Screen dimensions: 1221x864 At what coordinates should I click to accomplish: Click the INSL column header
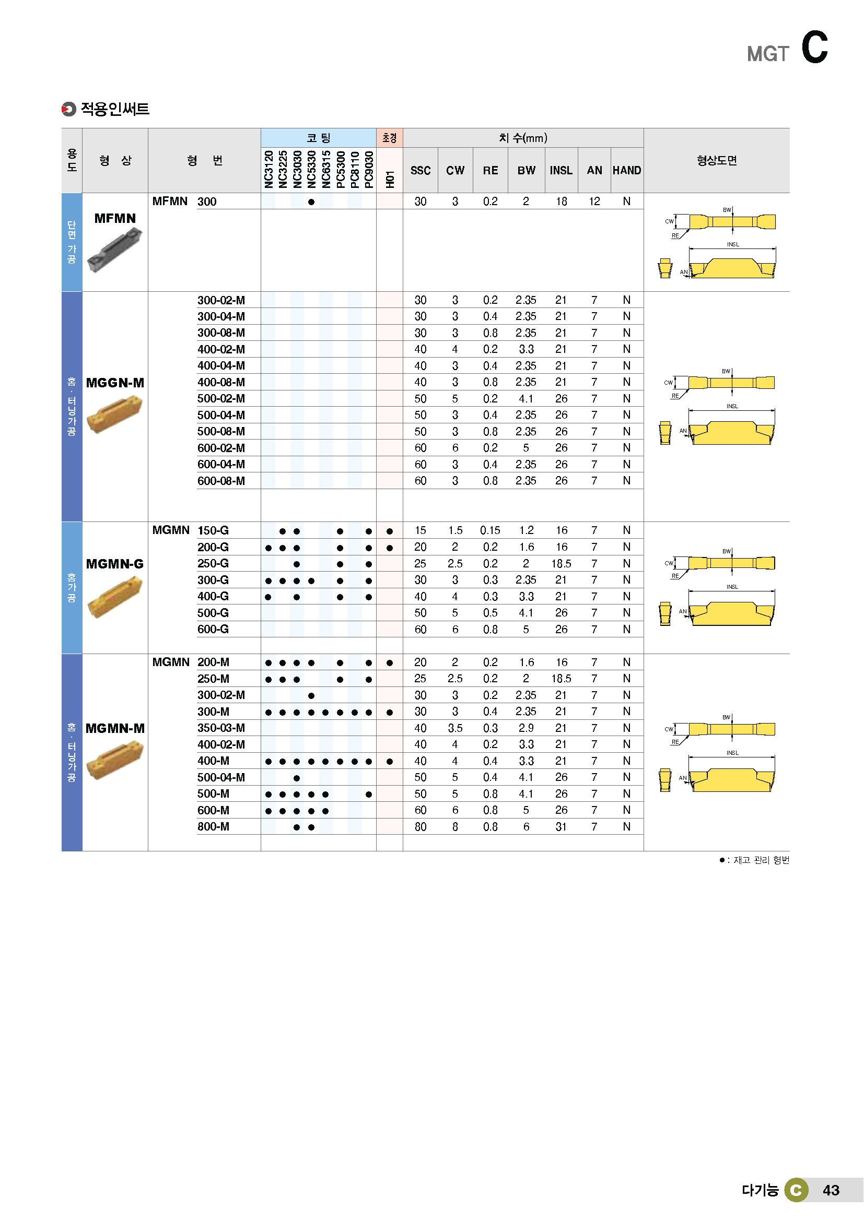tap(561, 170)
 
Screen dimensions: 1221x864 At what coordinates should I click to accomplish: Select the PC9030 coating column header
tap(369, 169)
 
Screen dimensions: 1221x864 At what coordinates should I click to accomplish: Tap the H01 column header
tap(390, 179)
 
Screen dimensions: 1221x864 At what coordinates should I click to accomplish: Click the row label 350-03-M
tap(221, 728)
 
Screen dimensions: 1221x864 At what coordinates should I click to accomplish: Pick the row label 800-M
tap(213, 826)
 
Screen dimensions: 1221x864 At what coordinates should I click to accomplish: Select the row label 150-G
tap(213, 530)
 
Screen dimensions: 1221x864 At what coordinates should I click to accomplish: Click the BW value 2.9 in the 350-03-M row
tap(526, 728)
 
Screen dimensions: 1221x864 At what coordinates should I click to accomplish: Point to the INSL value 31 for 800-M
tap(561, 826)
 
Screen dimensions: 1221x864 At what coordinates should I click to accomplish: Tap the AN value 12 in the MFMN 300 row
tap(594, 201)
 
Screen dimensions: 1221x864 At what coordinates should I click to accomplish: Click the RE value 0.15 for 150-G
tap(489, 530)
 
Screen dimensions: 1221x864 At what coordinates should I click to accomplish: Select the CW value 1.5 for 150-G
tap(455, 530)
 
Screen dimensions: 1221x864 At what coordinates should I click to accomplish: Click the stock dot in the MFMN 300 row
tap(311, 201)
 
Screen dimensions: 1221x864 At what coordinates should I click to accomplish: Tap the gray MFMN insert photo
tap(115, 249)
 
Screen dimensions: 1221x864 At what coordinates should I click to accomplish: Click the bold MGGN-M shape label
tap(115, 383)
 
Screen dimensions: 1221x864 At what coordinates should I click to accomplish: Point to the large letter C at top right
tap(814, 47)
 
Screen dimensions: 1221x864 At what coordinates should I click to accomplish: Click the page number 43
tap(831, 1190)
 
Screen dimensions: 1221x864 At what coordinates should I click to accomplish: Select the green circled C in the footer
tap(796, 1190)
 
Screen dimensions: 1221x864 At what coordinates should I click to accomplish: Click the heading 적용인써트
tap(115, 109)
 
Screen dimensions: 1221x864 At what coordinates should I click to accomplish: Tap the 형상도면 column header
tap(716, 161)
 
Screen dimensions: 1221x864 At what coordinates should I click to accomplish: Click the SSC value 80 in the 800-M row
tap(421, 826)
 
